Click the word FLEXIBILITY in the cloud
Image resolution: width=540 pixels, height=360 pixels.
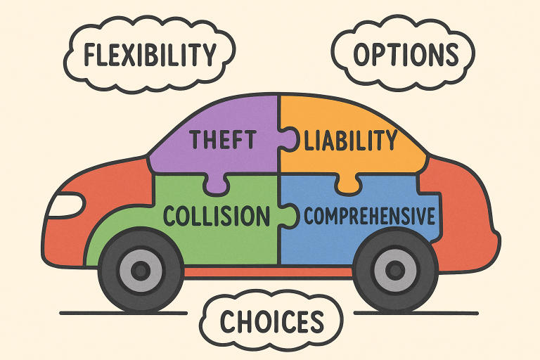click(149, 54)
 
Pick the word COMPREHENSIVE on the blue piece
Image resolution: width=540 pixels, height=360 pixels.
click(369, 216)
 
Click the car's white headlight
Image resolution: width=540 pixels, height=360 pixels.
click(65, 205)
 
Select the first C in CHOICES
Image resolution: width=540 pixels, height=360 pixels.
click(229, 322)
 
